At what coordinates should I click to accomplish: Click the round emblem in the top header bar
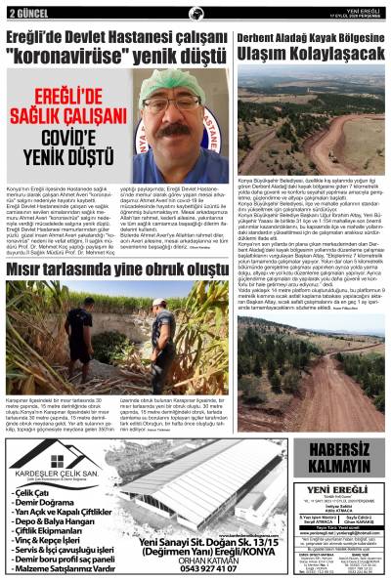(x=195, y=12)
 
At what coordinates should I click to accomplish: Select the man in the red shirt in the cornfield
(x=160, y=323)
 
